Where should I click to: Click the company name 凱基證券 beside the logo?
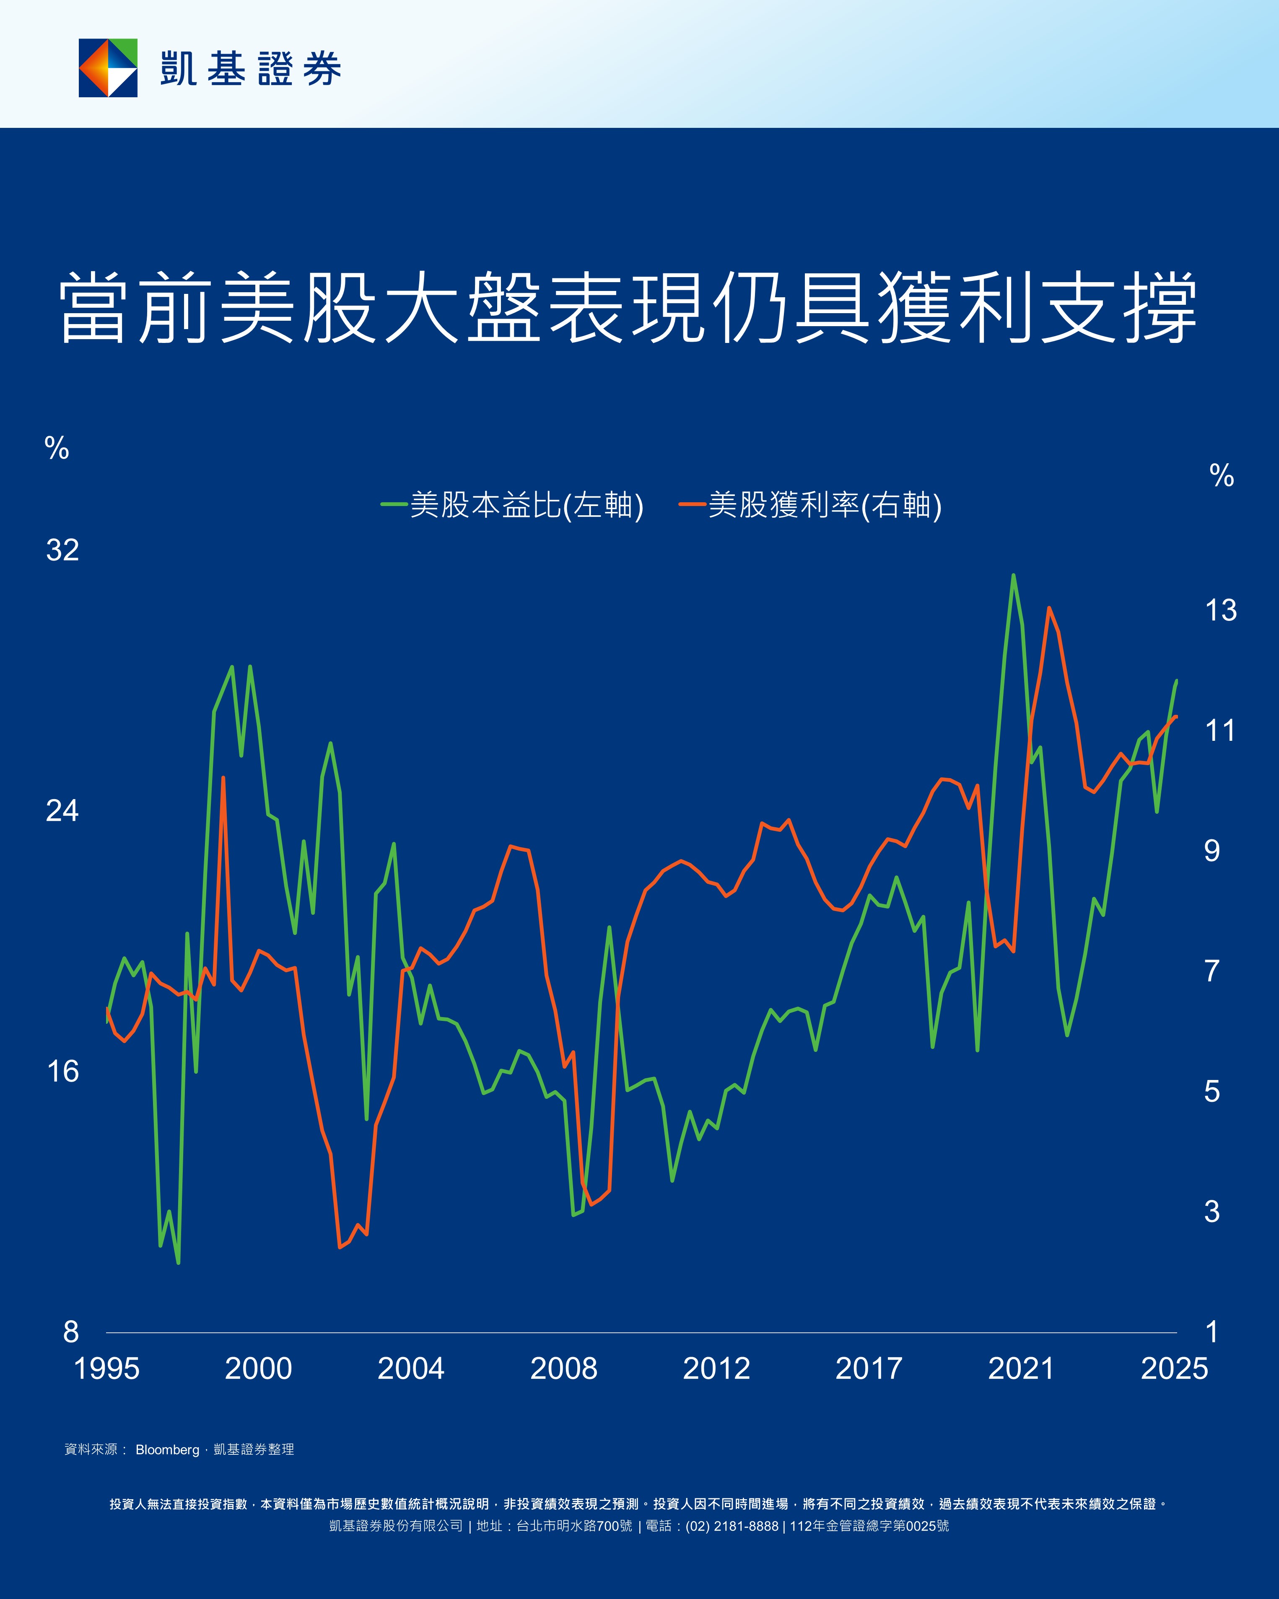pos(251,69)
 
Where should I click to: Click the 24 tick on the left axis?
pos(62,811)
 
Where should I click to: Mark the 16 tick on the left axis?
pos(62,1071)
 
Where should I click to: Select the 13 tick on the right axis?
pos(1220,610)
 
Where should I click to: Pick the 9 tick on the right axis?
pos(1212,851)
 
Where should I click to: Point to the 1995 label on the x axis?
pos(107,1368)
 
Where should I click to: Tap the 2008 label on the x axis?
pos(563,1368)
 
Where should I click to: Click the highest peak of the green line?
pos(1013,575)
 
